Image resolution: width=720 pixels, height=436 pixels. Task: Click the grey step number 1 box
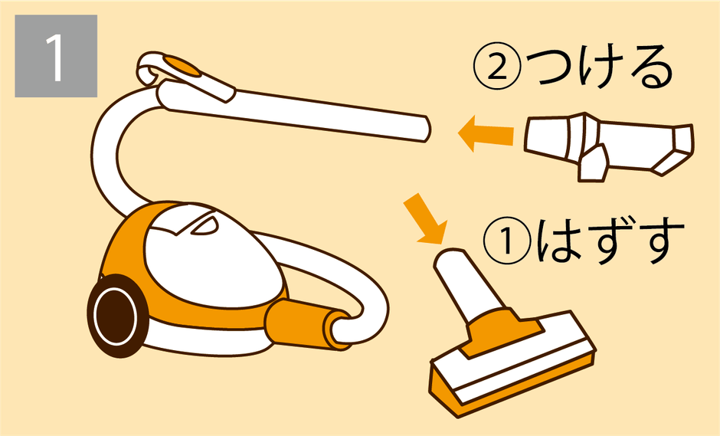click(x=56, y=56)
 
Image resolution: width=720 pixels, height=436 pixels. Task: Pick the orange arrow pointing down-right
click(x=425, y=218)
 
